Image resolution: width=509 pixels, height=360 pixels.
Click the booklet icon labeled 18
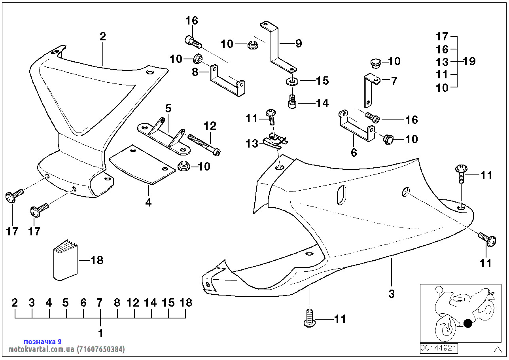click(65, 262)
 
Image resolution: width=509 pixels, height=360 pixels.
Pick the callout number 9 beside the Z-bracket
click(298, 43)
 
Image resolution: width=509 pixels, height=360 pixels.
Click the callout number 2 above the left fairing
click(103, 37)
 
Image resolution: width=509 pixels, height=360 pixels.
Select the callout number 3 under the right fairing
click(392, 294)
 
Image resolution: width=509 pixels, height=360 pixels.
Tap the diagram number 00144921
click(439, 348)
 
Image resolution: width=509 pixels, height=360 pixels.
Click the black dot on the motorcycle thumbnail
click(468, 324)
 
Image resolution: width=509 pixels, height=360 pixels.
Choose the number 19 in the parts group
click(469, 61)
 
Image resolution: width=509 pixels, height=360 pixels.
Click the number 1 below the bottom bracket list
click(100, 333)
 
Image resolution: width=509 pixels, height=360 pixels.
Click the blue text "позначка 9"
click(43, 341)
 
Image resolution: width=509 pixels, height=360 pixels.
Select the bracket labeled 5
click(163, 135)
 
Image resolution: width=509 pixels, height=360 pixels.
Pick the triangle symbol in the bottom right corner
click(497, 350)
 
